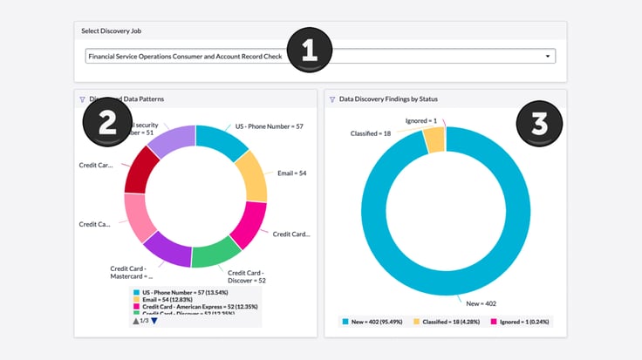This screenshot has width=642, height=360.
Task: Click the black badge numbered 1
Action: [x=309, y=49]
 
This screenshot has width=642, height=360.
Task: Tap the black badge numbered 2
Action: [x=107, y=123]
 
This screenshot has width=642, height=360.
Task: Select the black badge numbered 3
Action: [x=539, y=123]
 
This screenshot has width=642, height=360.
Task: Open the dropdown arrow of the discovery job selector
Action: [x=548, y=56]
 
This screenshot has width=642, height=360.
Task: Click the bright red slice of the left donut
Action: [x=141, y=172]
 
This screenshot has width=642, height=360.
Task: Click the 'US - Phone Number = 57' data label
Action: [x=269, y=126]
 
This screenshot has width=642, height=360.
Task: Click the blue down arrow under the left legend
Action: [x=154, y=321]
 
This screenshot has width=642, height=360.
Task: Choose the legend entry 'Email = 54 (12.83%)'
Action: [x=174, y=299]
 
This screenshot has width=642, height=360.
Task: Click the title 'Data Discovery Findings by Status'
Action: [x=389, y=99]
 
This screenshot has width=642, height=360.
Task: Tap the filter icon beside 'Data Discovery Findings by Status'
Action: [x=332, y=99]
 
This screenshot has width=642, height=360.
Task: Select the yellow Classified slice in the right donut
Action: [x=434, y=140]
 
